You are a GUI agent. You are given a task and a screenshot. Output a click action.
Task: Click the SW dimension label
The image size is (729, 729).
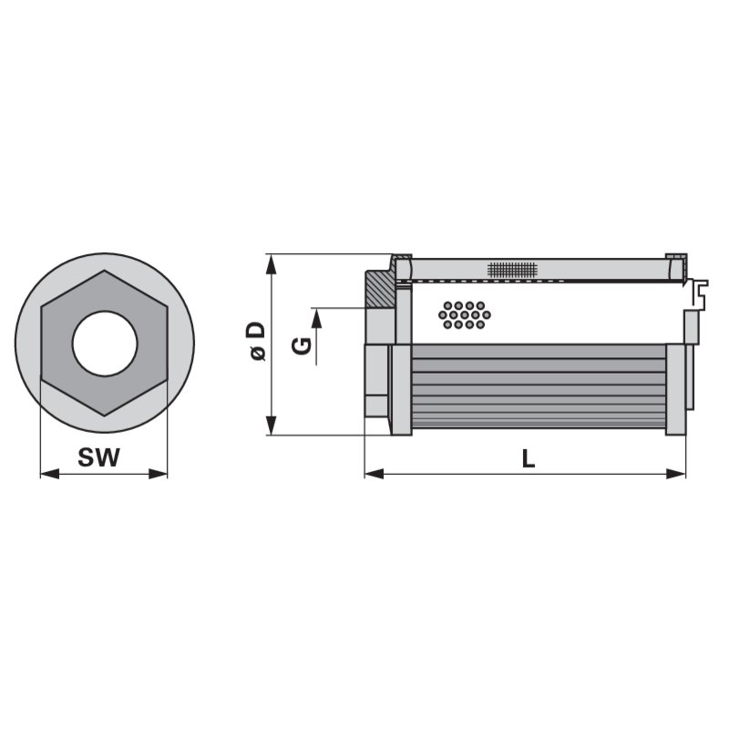98,458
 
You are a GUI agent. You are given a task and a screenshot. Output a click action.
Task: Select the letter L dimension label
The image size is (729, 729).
529,459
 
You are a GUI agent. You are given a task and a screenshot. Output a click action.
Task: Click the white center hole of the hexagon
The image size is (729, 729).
105,344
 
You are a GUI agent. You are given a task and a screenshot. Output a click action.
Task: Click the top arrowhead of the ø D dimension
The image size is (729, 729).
271,262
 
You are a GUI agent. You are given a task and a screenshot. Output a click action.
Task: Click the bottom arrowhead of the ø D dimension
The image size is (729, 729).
271,427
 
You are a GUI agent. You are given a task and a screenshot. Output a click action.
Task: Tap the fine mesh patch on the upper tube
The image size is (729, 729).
513,270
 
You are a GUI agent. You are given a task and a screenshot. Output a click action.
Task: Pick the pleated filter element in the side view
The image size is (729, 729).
538,387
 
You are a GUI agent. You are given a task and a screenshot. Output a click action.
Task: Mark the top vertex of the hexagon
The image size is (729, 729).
105,271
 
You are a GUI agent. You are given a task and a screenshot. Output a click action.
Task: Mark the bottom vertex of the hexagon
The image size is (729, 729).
105,416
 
